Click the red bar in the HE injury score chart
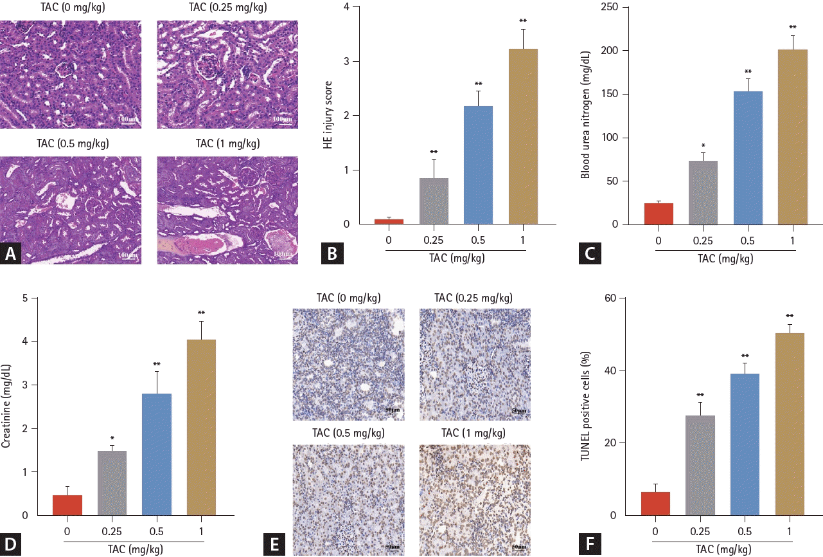click(x=389, y=221)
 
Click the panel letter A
click(x=11, y=254)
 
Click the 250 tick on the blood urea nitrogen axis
click(x=615, y=7)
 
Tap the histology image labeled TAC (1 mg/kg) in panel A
click(x=227, y=210)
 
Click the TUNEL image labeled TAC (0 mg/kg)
click(x=348, y=365)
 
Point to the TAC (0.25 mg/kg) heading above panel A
click(x=227, y=8)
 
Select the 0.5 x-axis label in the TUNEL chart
click(x=745, y=532)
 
